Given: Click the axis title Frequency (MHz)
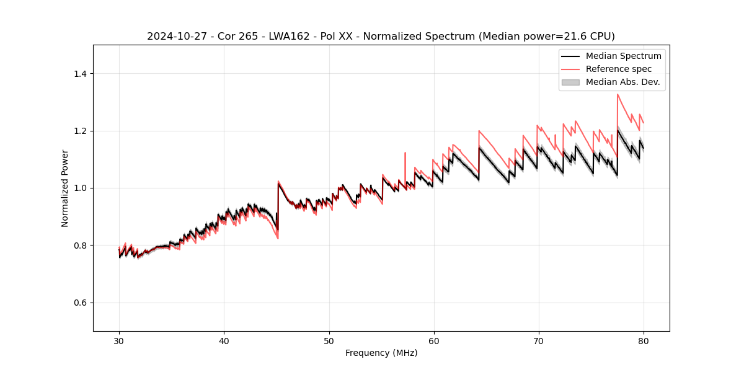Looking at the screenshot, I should [381, 353].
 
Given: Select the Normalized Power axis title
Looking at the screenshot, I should [65, 188].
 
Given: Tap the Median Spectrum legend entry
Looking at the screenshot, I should [623, 56].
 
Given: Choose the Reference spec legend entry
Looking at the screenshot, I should [618, 69].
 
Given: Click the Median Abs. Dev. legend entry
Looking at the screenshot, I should [622, 82].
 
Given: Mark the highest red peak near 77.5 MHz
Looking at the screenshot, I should [618, 94].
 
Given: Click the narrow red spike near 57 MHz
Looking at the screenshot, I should [405, 153].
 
